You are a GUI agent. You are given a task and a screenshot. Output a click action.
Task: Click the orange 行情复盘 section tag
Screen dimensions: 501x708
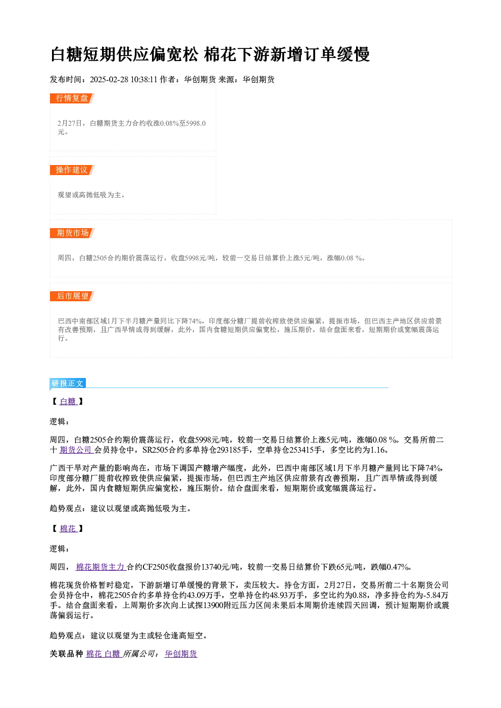(72, 98)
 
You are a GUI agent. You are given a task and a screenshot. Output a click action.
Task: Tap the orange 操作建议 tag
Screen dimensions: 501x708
(72, 170)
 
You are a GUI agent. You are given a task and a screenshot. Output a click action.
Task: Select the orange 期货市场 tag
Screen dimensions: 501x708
(72, 233)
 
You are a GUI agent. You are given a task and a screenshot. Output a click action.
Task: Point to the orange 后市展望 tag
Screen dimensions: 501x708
(72, 296)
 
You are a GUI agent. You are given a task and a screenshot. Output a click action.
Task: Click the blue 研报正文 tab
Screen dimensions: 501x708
(68, 384)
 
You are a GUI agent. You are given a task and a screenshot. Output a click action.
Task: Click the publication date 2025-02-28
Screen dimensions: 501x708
(109, 79)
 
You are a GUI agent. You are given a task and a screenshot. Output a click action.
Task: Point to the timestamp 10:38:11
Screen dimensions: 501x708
(144, 79)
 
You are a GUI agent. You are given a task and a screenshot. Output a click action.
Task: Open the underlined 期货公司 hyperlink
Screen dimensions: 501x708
(77, 450)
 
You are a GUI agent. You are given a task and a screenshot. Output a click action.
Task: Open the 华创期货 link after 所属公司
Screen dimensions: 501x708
(181, 653)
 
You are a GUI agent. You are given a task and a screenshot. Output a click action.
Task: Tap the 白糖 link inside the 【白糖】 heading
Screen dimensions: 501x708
(68, 401)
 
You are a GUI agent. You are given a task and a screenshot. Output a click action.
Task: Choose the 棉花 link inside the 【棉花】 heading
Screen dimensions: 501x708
(68, 528)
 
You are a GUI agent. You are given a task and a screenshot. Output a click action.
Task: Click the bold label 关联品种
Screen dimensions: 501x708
(67, 653)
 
